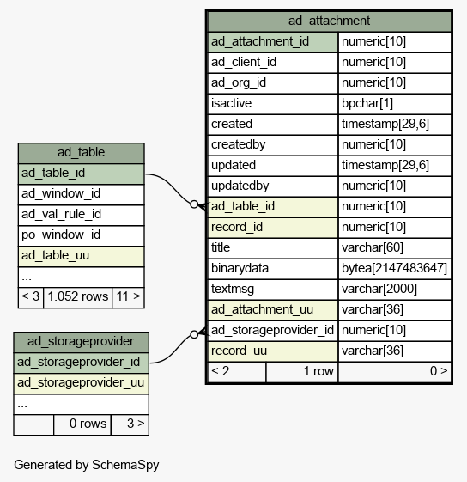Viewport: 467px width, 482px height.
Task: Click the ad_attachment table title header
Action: click(330, 21)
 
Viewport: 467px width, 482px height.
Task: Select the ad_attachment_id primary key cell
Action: click(273, 42)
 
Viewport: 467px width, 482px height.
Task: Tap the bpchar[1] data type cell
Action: click(395, 104)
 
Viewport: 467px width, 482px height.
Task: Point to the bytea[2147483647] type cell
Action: click(395, 268)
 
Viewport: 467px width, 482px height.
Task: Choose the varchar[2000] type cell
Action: click(395, 289)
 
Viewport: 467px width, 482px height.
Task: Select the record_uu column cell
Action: click(273, 351)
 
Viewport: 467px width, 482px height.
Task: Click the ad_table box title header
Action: click(81, 153)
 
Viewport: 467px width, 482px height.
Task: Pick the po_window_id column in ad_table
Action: click(81, 235)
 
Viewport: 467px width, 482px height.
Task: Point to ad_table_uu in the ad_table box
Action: click(81, 256)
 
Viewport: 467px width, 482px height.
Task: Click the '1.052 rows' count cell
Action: click(78, 297)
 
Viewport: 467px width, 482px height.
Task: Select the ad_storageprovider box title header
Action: click(81, 341)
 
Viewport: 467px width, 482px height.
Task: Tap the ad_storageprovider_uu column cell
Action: click(81, 383)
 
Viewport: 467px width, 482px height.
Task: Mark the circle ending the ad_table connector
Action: click(194, 204)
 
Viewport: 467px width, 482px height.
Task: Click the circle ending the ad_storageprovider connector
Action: click(194, 334)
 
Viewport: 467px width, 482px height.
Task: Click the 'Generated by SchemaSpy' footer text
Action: click(87, 465)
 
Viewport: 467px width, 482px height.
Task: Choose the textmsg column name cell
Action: click(273, 289)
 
